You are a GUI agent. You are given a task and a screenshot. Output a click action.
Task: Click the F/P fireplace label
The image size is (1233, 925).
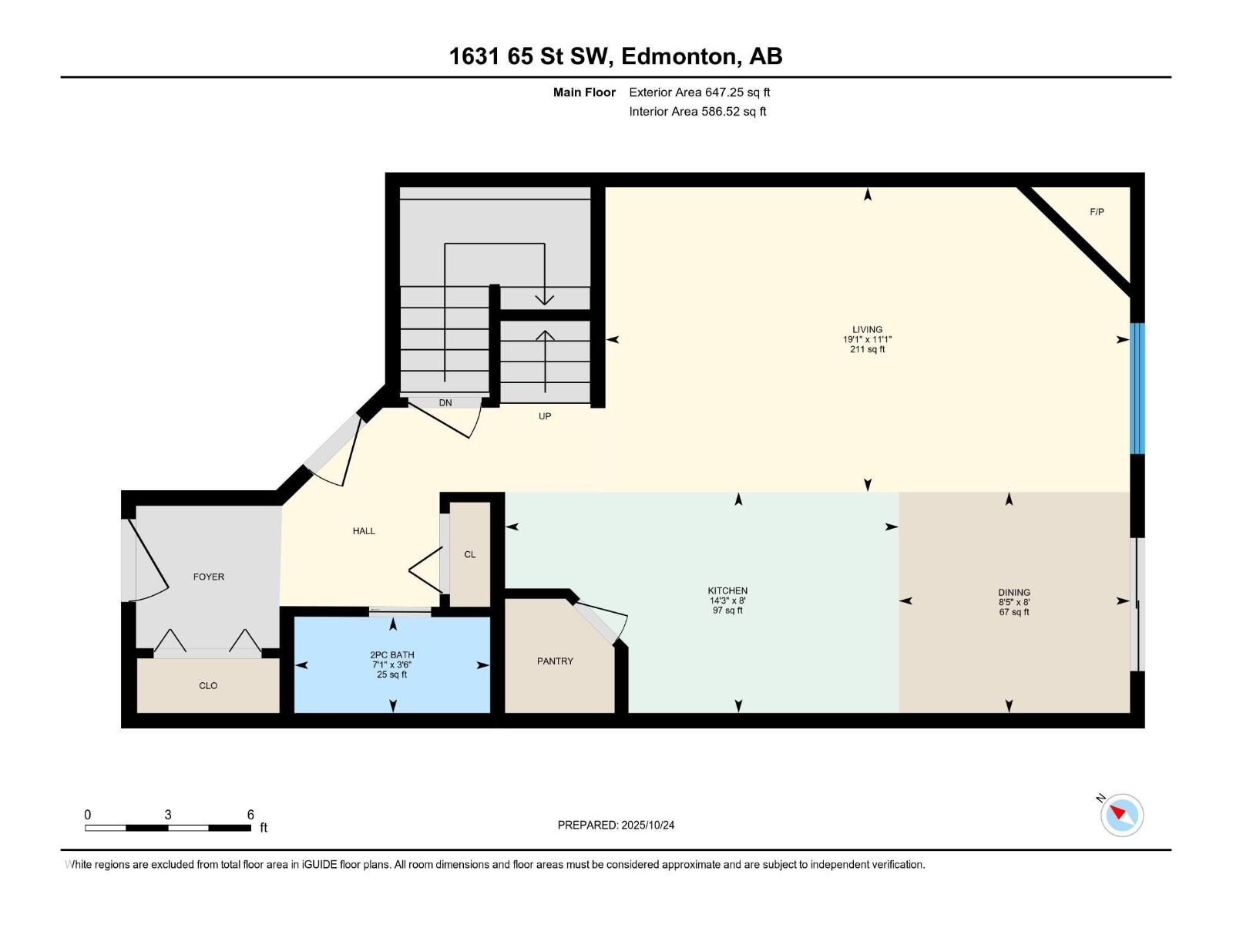tap(1097, 212)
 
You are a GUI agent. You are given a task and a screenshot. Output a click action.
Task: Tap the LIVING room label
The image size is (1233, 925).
tap(867, 330)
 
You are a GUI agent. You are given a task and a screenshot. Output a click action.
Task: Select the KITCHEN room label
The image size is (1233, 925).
tap(727, 591)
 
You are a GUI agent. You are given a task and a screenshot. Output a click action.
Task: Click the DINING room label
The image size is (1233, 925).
tap(1013, 593)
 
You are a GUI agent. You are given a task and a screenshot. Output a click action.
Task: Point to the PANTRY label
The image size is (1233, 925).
tap(555, 661)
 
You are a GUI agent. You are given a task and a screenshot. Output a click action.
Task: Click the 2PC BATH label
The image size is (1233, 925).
tap(391, 655)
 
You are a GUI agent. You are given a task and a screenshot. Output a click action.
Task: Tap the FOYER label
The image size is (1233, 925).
tap(209, 577)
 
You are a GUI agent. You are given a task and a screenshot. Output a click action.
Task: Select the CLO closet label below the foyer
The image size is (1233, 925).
tap(208, 685)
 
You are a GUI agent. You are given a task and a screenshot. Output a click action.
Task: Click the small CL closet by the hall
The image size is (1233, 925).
tap(470, 554)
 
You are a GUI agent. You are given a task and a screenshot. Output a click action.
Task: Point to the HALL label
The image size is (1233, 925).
tap(364, 531)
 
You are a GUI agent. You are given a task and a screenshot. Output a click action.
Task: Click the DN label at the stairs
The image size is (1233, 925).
tap(445, 403)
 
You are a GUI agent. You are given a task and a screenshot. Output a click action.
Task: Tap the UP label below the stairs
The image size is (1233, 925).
tap(545, 416)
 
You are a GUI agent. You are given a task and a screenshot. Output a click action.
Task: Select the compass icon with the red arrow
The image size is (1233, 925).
tap(1121, 815)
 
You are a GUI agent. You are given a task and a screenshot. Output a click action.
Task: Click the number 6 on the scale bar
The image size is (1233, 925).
tap(250, 815)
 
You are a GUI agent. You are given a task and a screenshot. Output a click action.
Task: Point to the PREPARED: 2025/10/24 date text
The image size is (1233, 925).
tap(616, 825)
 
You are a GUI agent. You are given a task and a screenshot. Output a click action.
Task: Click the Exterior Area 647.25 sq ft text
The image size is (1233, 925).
tap(699, 92)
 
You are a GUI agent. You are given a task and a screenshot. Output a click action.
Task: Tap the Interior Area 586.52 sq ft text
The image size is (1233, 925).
tap(697, 112)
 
